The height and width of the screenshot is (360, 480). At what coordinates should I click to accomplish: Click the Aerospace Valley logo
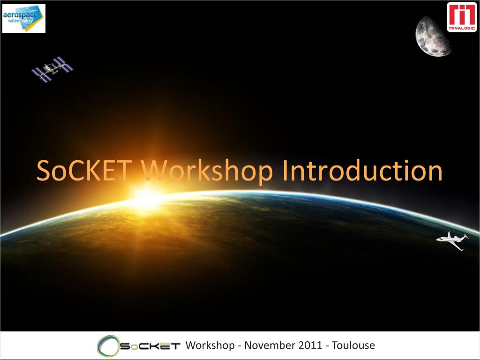tap(24, 18)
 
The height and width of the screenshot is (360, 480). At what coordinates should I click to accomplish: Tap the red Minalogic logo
tap(462, 17)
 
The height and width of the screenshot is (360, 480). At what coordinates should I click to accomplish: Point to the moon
tap(432, 37)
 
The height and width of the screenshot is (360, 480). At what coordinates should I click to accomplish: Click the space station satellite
tap(52, 69)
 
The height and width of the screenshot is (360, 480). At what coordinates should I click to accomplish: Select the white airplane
tap(452, 240)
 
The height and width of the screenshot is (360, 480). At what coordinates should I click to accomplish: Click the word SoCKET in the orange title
tap(84, 170)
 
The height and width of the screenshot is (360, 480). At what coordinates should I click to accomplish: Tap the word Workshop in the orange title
tap(207, 172)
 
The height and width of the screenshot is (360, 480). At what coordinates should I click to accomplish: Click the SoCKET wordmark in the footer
tap(150, 346)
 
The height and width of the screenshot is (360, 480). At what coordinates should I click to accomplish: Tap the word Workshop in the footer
tap(210, 345)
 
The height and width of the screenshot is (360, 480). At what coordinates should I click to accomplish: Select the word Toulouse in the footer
tap(353, 345)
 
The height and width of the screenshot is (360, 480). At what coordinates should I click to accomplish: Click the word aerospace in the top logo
tap(21, 15)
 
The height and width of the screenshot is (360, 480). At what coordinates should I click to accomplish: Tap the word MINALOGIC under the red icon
tap(462, 28)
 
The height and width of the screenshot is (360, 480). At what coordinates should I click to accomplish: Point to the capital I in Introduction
tap(285, 170)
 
